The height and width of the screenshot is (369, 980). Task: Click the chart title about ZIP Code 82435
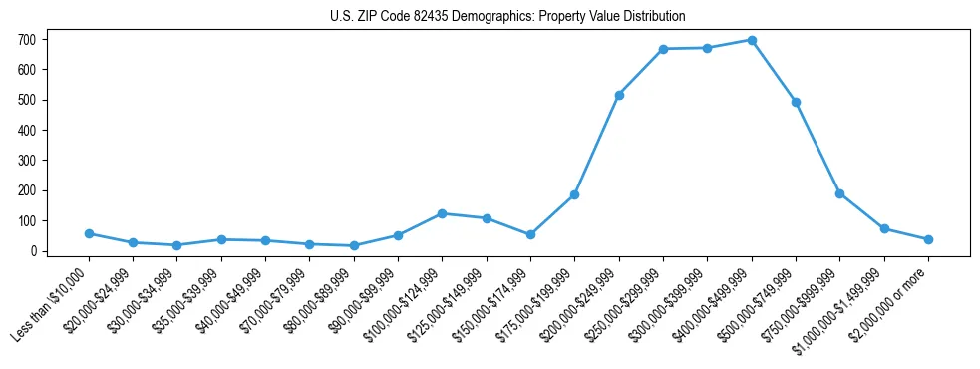click(507, 17)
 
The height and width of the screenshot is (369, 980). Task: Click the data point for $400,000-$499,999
click(751, 40)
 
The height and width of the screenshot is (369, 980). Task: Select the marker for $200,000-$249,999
click(619, 95)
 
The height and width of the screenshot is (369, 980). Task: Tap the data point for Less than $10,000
click(89, 233)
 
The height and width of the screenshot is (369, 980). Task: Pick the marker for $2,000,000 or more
click(928, 239)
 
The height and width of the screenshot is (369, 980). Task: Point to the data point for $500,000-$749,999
click(796, 102)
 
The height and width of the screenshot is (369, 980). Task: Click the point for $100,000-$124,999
click(442, 213)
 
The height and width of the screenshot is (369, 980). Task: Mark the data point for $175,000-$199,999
click(574, 194)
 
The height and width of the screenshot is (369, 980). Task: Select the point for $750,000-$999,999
click(839, 193)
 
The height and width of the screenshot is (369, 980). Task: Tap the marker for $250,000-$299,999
click(663, 49)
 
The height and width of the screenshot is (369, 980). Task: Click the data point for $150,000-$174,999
click(530, 234)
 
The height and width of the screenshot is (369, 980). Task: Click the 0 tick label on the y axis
click(34, 251)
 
